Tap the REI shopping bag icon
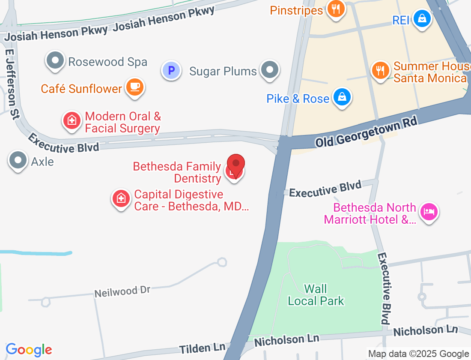(x=423, y=19)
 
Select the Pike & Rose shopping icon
(x=342, y=97)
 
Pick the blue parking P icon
(x=171, y=70)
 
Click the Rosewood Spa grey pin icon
(x=55, y=61)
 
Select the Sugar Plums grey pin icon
(x=270, y=70)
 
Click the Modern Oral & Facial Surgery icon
(x=72, y=121)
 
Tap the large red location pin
(x=235, y=165)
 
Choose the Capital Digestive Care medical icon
(x=121, y=198)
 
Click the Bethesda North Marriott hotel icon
(x=429, y=212)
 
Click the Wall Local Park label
(x=316, y=295)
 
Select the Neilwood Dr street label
(x=122, y=291)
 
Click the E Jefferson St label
(x=12, y=83)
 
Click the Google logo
(x=29, y=350)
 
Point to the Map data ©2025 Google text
(x=418, y=354)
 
